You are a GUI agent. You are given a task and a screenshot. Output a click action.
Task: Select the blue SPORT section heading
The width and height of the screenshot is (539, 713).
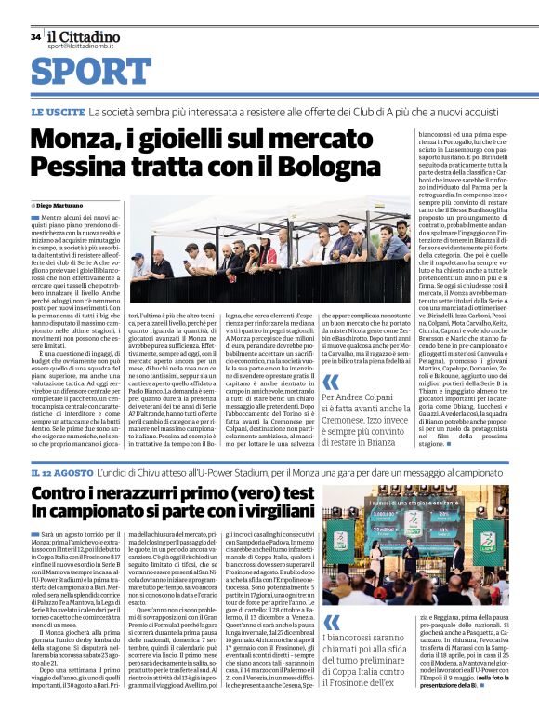[85, 72]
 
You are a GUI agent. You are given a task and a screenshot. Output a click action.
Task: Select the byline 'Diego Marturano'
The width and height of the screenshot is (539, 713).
[60, 203]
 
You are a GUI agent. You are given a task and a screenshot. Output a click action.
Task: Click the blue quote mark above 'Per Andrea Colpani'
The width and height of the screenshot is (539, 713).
[331, 382]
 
